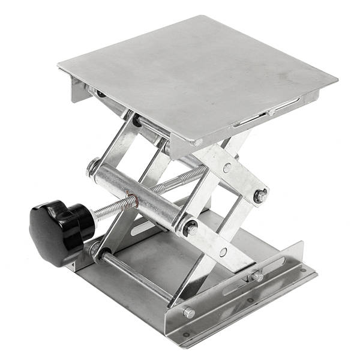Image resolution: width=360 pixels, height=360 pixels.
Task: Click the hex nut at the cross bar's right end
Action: pyautogui.click(x=190, y=228)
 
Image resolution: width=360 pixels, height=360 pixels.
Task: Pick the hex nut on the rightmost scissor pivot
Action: pyautogui.click(x=260, y=196)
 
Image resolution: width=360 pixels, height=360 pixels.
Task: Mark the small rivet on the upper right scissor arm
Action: pyautogui.click(x=227, y=167)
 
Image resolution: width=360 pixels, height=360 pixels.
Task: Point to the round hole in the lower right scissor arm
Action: pyautogui.click(x=223, y=252)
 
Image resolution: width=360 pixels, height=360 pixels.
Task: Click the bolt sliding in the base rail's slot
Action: pyautogui.click(x=257, y=277)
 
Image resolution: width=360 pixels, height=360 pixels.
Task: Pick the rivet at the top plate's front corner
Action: pyautogui.click(x=197, y=143)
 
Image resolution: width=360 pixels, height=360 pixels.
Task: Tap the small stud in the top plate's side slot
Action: pyautogui.click(x=271, y=112)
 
